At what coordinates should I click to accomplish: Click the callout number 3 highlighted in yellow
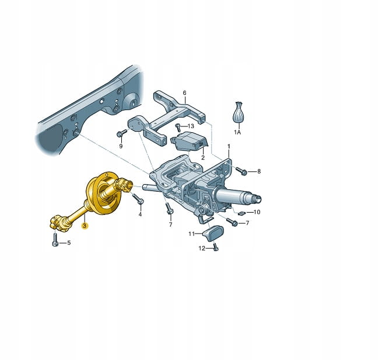coord(85,225)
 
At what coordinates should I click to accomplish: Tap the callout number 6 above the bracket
coord(184,93)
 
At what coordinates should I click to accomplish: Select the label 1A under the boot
coord(237,132)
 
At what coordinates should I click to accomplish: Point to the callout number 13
coord(191,126)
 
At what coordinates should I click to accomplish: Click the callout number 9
coord(121,146)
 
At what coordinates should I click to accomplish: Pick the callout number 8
coord(259,171)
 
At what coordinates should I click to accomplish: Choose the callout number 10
coord(257,212)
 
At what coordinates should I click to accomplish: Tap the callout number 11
coord(191,234)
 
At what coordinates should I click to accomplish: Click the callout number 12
coord(202,248)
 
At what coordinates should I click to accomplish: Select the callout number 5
coord(69,243)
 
